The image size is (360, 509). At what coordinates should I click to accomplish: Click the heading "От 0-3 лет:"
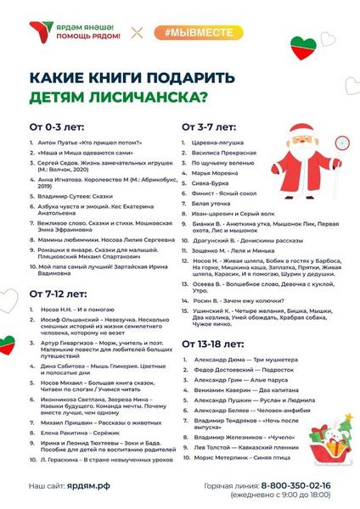(x=53, y=126)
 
